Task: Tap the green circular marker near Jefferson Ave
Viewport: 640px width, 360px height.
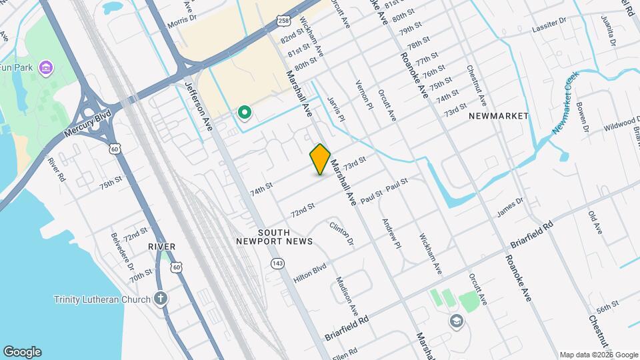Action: coord(245,113)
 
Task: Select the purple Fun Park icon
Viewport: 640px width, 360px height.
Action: coord(45,67)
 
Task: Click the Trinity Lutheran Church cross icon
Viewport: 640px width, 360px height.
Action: coord(160,299)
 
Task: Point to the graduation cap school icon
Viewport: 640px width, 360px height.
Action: coord(456,321)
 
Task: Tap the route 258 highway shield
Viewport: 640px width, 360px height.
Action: coord(285,21)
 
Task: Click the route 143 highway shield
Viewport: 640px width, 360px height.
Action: coord(277,265)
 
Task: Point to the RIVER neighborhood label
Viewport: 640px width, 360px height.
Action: coord(162,247)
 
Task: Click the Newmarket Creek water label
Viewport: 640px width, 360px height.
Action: coord(566,103)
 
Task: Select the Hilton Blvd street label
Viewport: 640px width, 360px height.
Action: coord(310,268)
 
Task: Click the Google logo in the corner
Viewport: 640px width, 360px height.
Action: coord(22,352)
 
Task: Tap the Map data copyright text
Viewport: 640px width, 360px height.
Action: coord(599,355)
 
